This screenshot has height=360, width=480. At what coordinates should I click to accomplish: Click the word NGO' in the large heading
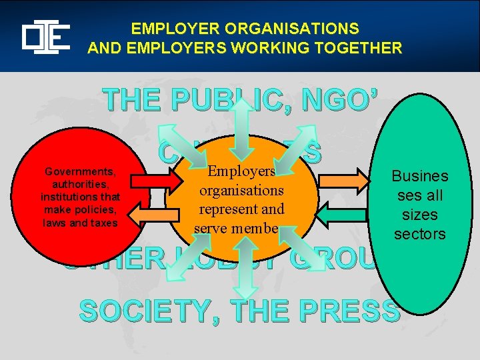(x=343, y=101)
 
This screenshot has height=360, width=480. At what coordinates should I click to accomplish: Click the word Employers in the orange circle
(x=242, y=171)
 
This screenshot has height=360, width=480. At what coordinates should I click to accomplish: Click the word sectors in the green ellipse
(x=419, y=233)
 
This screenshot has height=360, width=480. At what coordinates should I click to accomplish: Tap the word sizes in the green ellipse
(x=419, y=215)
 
